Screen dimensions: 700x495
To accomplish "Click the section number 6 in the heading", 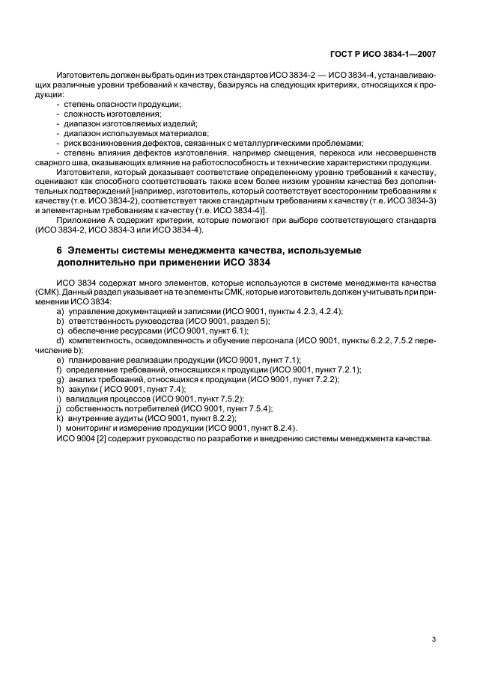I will (59, 250).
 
